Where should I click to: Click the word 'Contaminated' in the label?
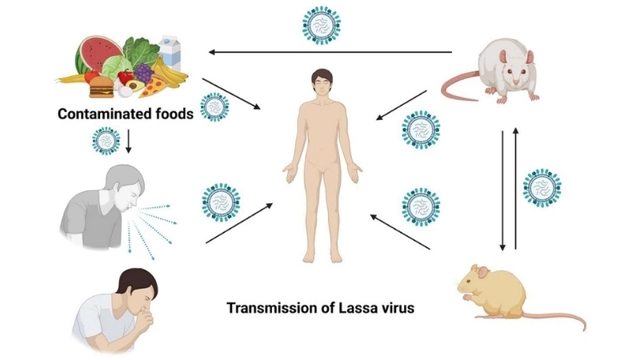[x=102, y=114]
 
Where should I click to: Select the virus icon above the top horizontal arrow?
[x=322, y=24]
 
